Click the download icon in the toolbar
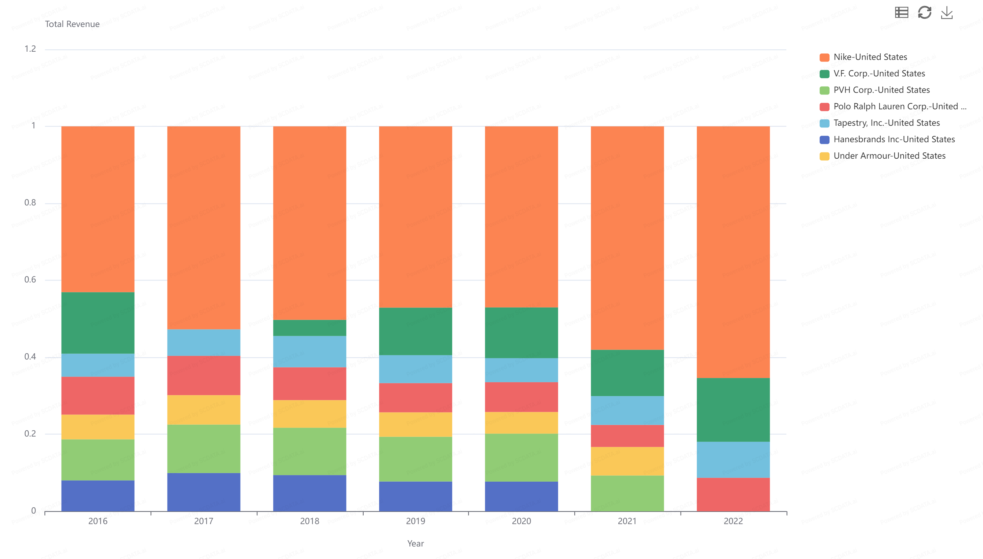click(x=946, y=13)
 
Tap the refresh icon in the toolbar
click(x=924, y=13)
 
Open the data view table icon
click(x=901, y=13)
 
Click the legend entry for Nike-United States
click(x=870, y=57)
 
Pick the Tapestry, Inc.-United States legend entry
click(x=886, y=123)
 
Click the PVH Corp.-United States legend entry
click(x=881, y=90)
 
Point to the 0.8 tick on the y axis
click(x=30, y=203)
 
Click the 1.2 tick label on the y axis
click(x=30, y=49)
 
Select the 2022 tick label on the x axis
click(x=733, y=521)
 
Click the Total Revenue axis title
click(x=72, y=24)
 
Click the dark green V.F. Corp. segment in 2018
click(x=309, y=328)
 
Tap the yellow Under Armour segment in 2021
click(x=627, y=461)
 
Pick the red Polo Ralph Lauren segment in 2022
click(x=733, y=494)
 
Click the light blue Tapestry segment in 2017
click(x=203, y=342)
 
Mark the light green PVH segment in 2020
click(x=521, y=458)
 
